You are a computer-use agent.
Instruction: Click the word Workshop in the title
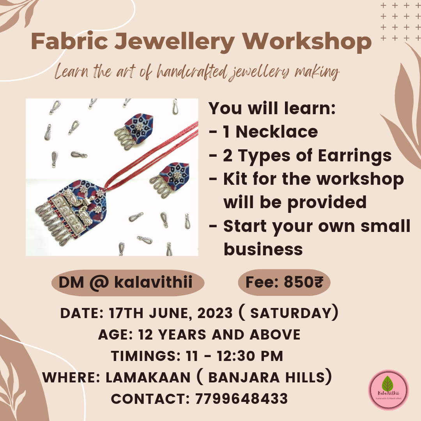click(x=307, y=42)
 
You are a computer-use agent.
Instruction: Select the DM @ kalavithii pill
click(x=128, y=283)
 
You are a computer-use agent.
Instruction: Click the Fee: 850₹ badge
click(x=284, y=283)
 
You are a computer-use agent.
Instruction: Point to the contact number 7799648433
click(x=242, y=399)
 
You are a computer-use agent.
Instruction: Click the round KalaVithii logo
click(x=388, y=389)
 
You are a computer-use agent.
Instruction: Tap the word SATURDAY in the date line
click(x=290, y=313)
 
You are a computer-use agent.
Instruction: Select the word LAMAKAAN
click(x=148, y=377)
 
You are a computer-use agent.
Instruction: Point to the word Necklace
click(x=276, y=132)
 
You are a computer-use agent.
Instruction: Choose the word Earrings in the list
click(x=355, y=156)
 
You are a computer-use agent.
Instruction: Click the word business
click(x=263, y=249)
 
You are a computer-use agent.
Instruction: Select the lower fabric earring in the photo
click(x=170, y=179)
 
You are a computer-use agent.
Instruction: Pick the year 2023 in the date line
click(x=215, y=313)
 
